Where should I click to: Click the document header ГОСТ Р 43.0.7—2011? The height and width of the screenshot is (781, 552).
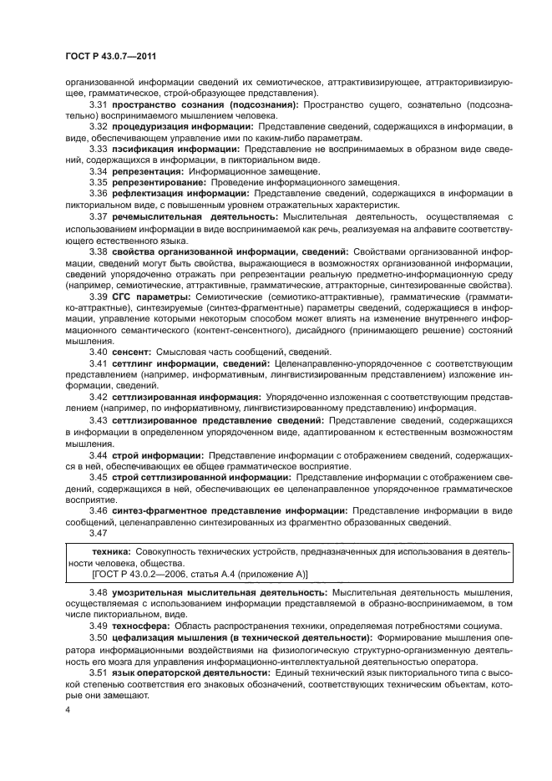pyautogui.click(x=110, y=56)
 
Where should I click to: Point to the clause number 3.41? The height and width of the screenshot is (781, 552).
pyautogui.click(x=101, y=364)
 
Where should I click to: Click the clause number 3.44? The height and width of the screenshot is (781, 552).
pyautogui.click(x=101, y=454)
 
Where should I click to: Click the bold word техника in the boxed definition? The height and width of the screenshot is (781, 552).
pyautogui.click(x=110, y=552)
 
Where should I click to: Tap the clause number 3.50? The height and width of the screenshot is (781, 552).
pyautogui.click(x=101, y=636)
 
